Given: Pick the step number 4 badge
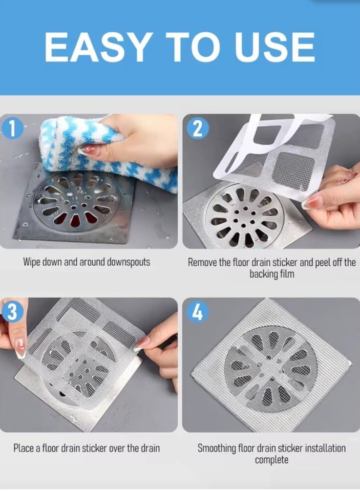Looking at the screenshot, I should pos(196,312).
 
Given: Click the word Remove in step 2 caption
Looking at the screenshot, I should pos(203,263).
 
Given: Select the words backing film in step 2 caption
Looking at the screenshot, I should pos(271,274).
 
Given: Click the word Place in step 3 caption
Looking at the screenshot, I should pos(24,449).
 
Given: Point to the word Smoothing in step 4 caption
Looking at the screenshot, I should pos(217,449).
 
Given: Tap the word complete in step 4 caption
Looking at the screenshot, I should pos(271,460).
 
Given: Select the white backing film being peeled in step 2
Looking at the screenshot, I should pos(246,148).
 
